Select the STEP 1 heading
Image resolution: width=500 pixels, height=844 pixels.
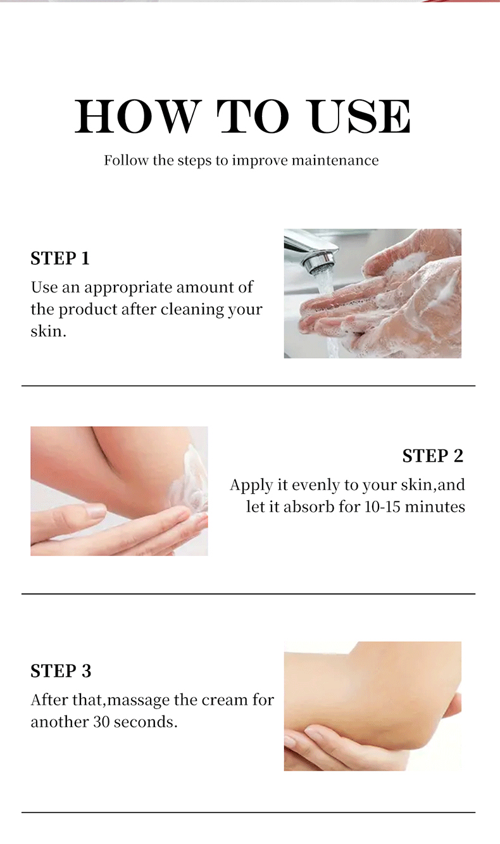(60, 258)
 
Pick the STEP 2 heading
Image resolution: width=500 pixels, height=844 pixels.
(433, 456)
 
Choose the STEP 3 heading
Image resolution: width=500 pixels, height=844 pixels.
(61, 671)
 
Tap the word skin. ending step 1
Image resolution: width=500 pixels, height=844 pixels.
(48, 332)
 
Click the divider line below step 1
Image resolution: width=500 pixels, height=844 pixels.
(248, 386)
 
